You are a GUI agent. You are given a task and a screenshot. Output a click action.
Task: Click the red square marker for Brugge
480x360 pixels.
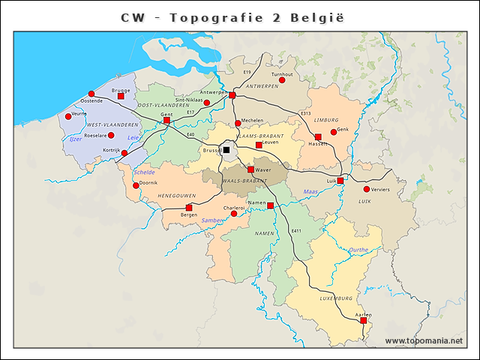(121, 96)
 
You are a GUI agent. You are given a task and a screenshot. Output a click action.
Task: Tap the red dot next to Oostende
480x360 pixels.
(91, 94)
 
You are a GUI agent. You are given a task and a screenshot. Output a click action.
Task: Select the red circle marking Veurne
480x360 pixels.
(68, 116)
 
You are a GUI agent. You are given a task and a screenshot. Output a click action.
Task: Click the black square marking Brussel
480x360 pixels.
(226, 150)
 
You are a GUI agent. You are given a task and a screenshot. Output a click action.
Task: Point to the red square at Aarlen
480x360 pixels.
(363, 320)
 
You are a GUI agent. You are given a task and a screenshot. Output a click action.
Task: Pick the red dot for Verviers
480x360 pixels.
(367, 189)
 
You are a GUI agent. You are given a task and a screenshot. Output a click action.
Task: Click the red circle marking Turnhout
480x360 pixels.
(282, 80)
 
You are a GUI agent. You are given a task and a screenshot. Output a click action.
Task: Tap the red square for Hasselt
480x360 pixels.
(318, 137)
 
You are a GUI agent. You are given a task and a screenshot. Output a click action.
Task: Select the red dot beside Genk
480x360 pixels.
(334, 132)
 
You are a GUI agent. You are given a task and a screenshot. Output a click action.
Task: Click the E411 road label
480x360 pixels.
(296, 230)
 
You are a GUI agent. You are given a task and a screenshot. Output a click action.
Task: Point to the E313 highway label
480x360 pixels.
(305, 113)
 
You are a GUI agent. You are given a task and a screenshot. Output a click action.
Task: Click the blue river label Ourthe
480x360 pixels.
(359, 250)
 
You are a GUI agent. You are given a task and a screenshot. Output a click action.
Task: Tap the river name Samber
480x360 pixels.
(211, 220)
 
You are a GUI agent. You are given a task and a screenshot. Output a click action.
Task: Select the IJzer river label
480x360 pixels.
(75, 139)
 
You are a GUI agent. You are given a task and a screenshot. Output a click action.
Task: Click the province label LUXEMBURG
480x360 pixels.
(335, 298)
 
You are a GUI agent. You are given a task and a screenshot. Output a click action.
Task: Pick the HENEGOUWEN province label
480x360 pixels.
(175, 196)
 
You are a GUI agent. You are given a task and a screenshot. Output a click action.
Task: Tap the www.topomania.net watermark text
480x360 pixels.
(424, 341)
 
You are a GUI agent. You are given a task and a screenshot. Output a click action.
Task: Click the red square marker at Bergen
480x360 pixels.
(189, 208)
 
